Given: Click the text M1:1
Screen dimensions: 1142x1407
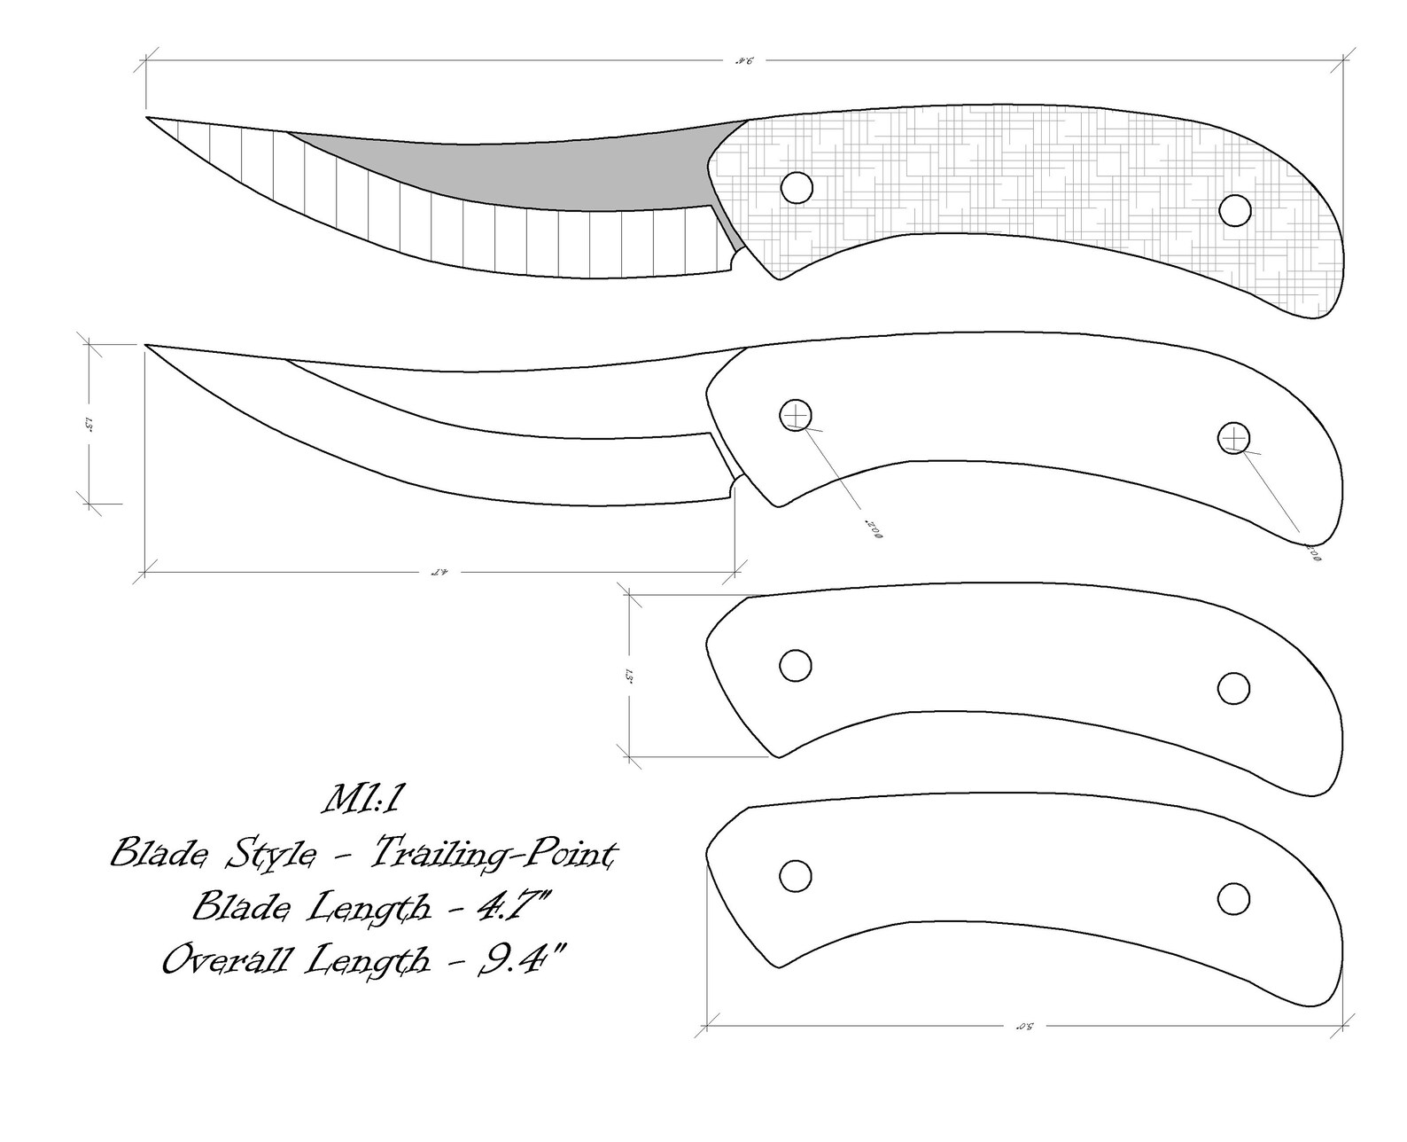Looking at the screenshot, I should (363, 802).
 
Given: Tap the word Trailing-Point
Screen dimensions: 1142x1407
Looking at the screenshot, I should (493, 855).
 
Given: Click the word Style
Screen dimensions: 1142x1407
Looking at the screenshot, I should (262, 855).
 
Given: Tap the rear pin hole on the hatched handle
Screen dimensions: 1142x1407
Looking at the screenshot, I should (1233, 210).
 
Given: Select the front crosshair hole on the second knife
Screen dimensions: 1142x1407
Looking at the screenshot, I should (795, 415).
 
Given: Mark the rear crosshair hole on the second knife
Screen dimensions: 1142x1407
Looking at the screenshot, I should (1233, 438).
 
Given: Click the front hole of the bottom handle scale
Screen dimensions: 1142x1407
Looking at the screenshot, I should (795, 875).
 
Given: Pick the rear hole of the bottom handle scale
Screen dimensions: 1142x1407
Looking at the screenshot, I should (1233, 898).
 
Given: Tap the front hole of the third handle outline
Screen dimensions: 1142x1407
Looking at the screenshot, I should (795, 666).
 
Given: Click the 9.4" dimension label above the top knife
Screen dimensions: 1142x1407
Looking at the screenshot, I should (742, 61).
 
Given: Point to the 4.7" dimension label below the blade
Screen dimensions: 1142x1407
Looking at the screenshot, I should (439, 572).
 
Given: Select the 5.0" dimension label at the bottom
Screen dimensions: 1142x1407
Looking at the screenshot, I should (1024, 1026).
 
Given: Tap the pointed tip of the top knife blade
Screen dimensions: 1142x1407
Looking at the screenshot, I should (148, 117).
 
